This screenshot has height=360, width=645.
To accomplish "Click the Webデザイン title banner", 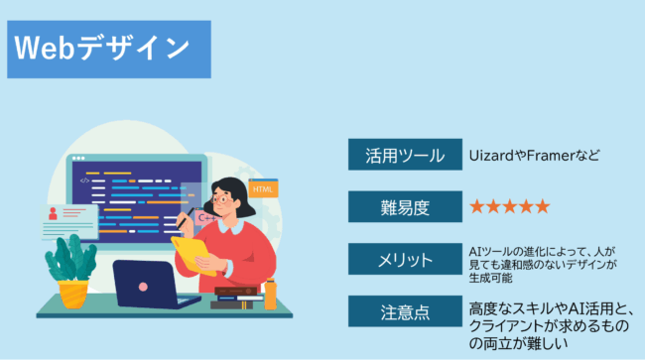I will point(109,49).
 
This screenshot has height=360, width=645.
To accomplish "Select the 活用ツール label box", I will point(405,155).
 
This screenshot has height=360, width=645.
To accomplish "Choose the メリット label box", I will point(405,260).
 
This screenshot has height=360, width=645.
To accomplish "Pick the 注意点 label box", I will point(405,312).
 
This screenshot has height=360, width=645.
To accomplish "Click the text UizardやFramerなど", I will point(536,156).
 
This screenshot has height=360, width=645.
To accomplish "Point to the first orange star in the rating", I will point(477,206).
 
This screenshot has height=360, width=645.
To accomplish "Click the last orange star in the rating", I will point(541,206).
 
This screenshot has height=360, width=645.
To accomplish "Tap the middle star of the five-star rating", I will point(509,206).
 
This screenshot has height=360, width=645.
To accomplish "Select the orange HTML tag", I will point(263,188).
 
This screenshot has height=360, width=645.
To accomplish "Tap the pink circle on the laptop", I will point(143,287).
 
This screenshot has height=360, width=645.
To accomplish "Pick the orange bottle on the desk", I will point(270,294).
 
